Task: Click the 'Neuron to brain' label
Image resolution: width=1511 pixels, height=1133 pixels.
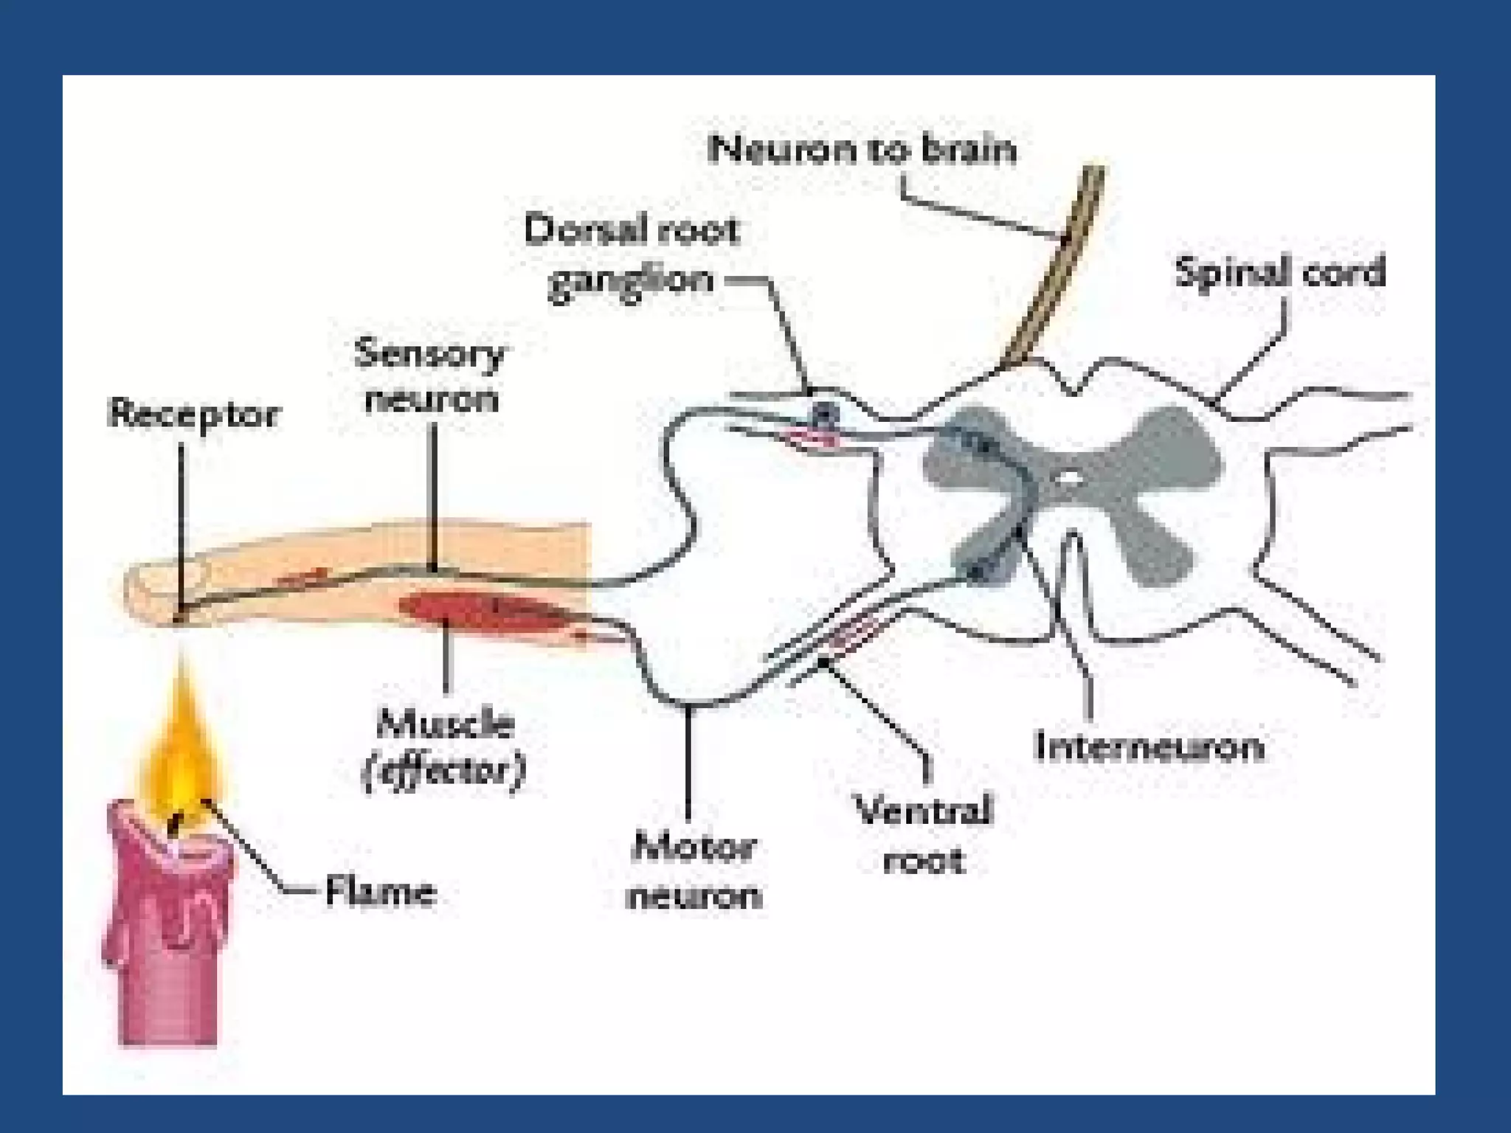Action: [861, 150]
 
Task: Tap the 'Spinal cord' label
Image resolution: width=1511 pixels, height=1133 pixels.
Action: [1280, 271]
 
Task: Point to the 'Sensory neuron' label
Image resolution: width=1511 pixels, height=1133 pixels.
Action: [429, 376]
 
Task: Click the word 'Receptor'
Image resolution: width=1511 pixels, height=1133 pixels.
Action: [193, 414]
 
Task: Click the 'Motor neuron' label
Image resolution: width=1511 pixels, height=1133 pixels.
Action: [693, 871]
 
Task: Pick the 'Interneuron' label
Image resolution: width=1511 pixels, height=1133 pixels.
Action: [1149, 746]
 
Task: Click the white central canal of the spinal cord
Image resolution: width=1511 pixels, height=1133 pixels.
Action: [1067, 479]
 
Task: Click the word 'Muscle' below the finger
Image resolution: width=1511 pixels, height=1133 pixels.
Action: [445, 724]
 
